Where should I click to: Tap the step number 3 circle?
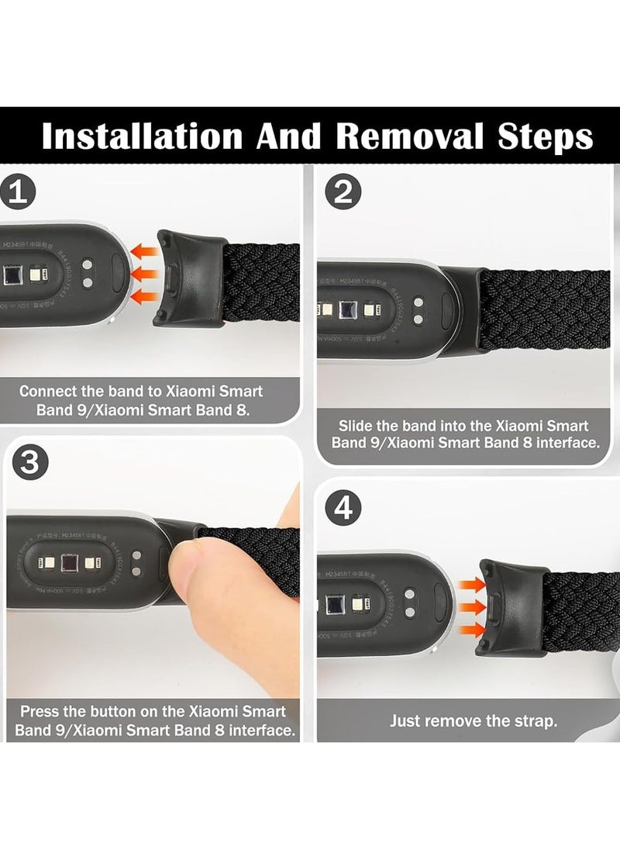click(29, 463)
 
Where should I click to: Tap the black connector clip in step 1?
click(190, 277)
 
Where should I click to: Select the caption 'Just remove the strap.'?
click(472, 721)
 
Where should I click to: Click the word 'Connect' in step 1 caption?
click(47, 392)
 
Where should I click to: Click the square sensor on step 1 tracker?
click(12, 278)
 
